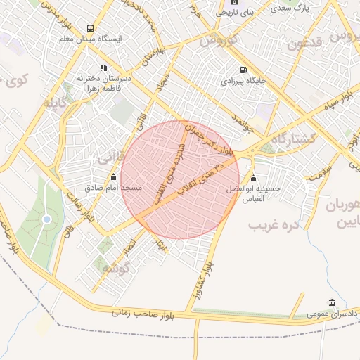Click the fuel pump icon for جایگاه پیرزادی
(243, 70)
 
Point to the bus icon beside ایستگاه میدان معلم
(91, 27)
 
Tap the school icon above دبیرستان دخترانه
(103, 67)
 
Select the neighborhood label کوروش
(219, 40)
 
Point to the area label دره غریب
(274, 225)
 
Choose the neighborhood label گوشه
(116, 268)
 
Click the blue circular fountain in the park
(46, 219)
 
